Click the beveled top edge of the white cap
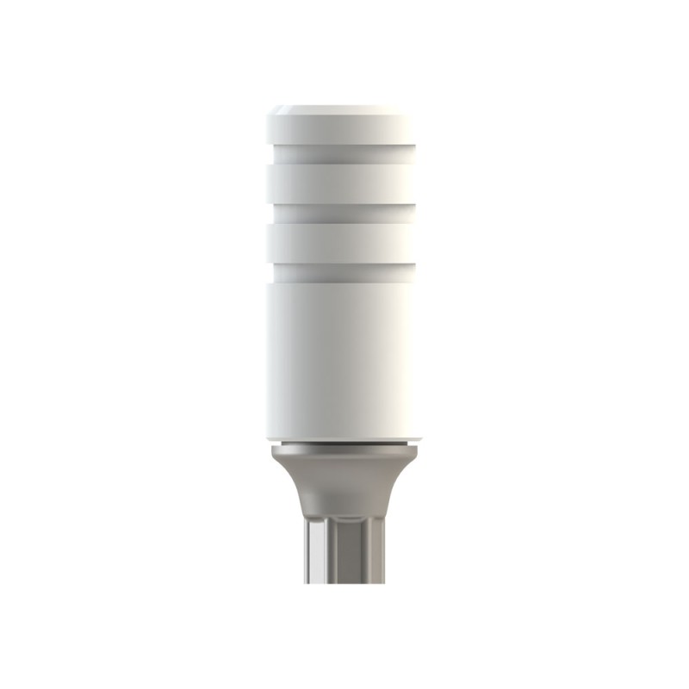[x=344, y=109]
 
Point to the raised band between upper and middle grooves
[x=344, y=183]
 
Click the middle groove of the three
[x=344, y=213]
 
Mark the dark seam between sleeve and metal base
[x=344, y=443]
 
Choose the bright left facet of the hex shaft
[x=316, y=551]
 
